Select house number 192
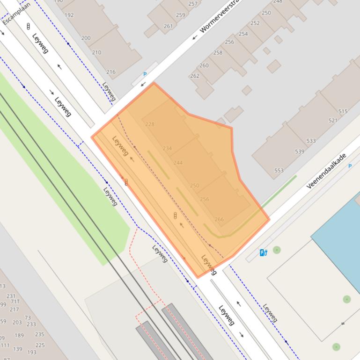point(69,15)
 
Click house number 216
point(110,72)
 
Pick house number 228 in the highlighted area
point(150,124)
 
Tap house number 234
point(167,148)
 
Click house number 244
point(178,163)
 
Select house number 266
point(219,219)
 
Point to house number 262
point(194,76)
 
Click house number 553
point(279,171)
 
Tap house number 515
point(343,111)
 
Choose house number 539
point(300,151)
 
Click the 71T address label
point(15,302)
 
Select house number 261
point(168,26)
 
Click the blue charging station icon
point(264,253)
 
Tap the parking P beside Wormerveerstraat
point(145,74)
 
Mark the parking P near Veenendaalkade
point(350,166)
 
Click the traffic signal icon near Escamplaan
point(29,26)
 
